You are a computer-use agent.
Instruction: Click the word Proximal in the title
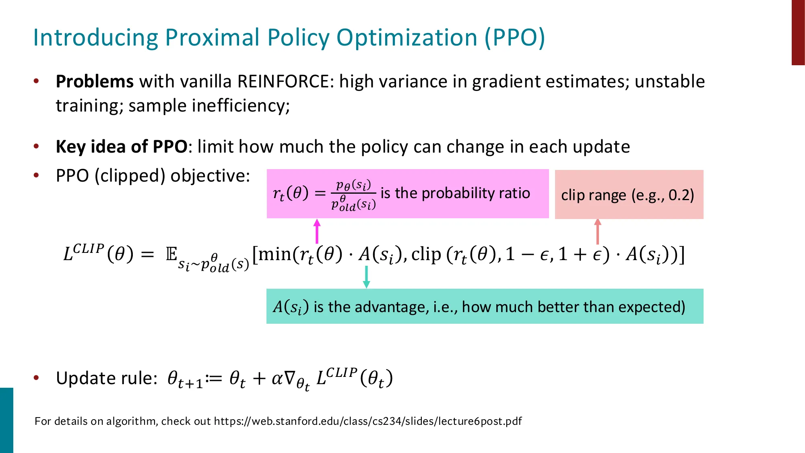pos(212,37)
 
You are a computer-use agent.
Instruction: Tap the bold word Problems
pos(95,82)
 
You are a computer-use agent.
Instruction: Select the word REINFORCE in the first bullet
pos(283,82)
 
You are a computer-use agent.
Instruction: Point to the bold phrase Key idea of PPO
pos(122,147)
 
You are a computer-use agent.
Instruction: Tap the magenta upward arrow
pos(317,231)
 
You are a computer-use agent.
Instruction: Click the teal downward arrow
pos(366,277)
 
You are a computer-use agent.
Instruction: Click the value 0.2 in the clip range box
pos(680,195)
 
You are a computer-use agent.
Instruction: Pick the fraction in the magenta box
pos(353,195)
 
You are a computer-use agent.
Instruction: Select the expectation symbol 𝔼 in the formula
pos(172,254)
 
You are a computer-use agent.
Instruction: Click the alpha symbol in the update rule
pos(277,379)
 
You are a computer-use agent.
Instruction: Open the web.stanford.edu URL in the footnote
pos(367,421)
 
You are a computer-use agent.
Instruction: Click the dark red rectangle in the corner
pos(798,32)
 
